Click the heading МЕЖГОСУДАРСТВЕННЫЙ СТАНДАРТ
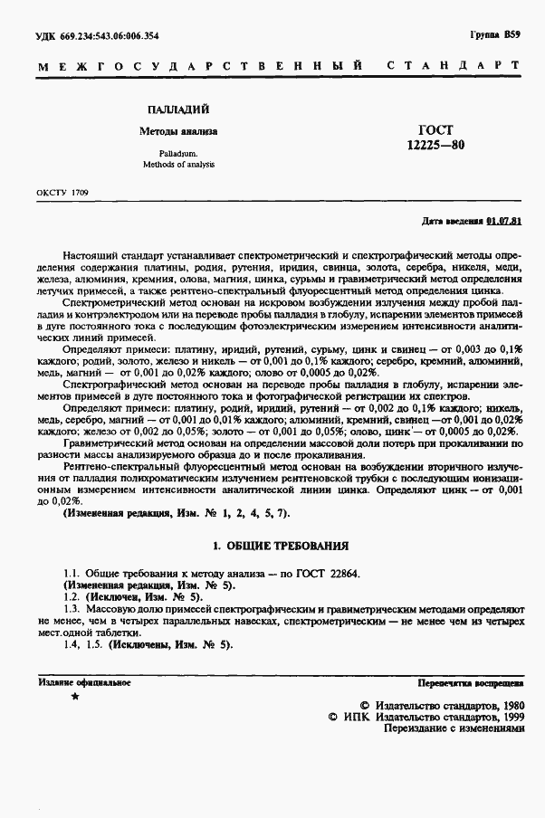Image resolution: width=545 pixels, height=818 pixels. click(280, 66)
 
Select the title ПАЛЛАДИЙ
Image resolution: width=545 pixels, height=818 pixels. click(177, 108)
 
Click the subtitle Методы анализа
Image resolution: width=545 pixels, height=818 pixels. click(178, 132)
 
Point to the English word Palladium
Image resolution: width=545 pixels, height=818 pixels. click(178, 155)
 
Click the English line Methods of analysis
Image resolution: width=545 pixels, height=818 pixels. click(178, 166)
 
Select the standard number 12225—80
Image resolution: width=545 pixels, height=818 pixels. click(435, 145)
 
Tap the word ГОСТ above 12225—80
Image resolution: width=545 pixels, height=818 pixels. click(435, 129)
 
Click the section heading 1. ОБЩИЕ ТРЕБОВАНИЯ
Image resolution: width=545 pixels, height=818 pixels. click(280, 547)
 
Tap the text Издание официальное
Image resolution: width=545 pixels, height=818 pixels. click(85, 681)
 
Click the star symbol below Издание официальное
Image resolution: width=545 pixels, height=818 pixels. click(74, 698)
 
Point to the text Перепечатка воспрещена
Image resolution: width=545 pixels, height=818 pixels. click(471, 681)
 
